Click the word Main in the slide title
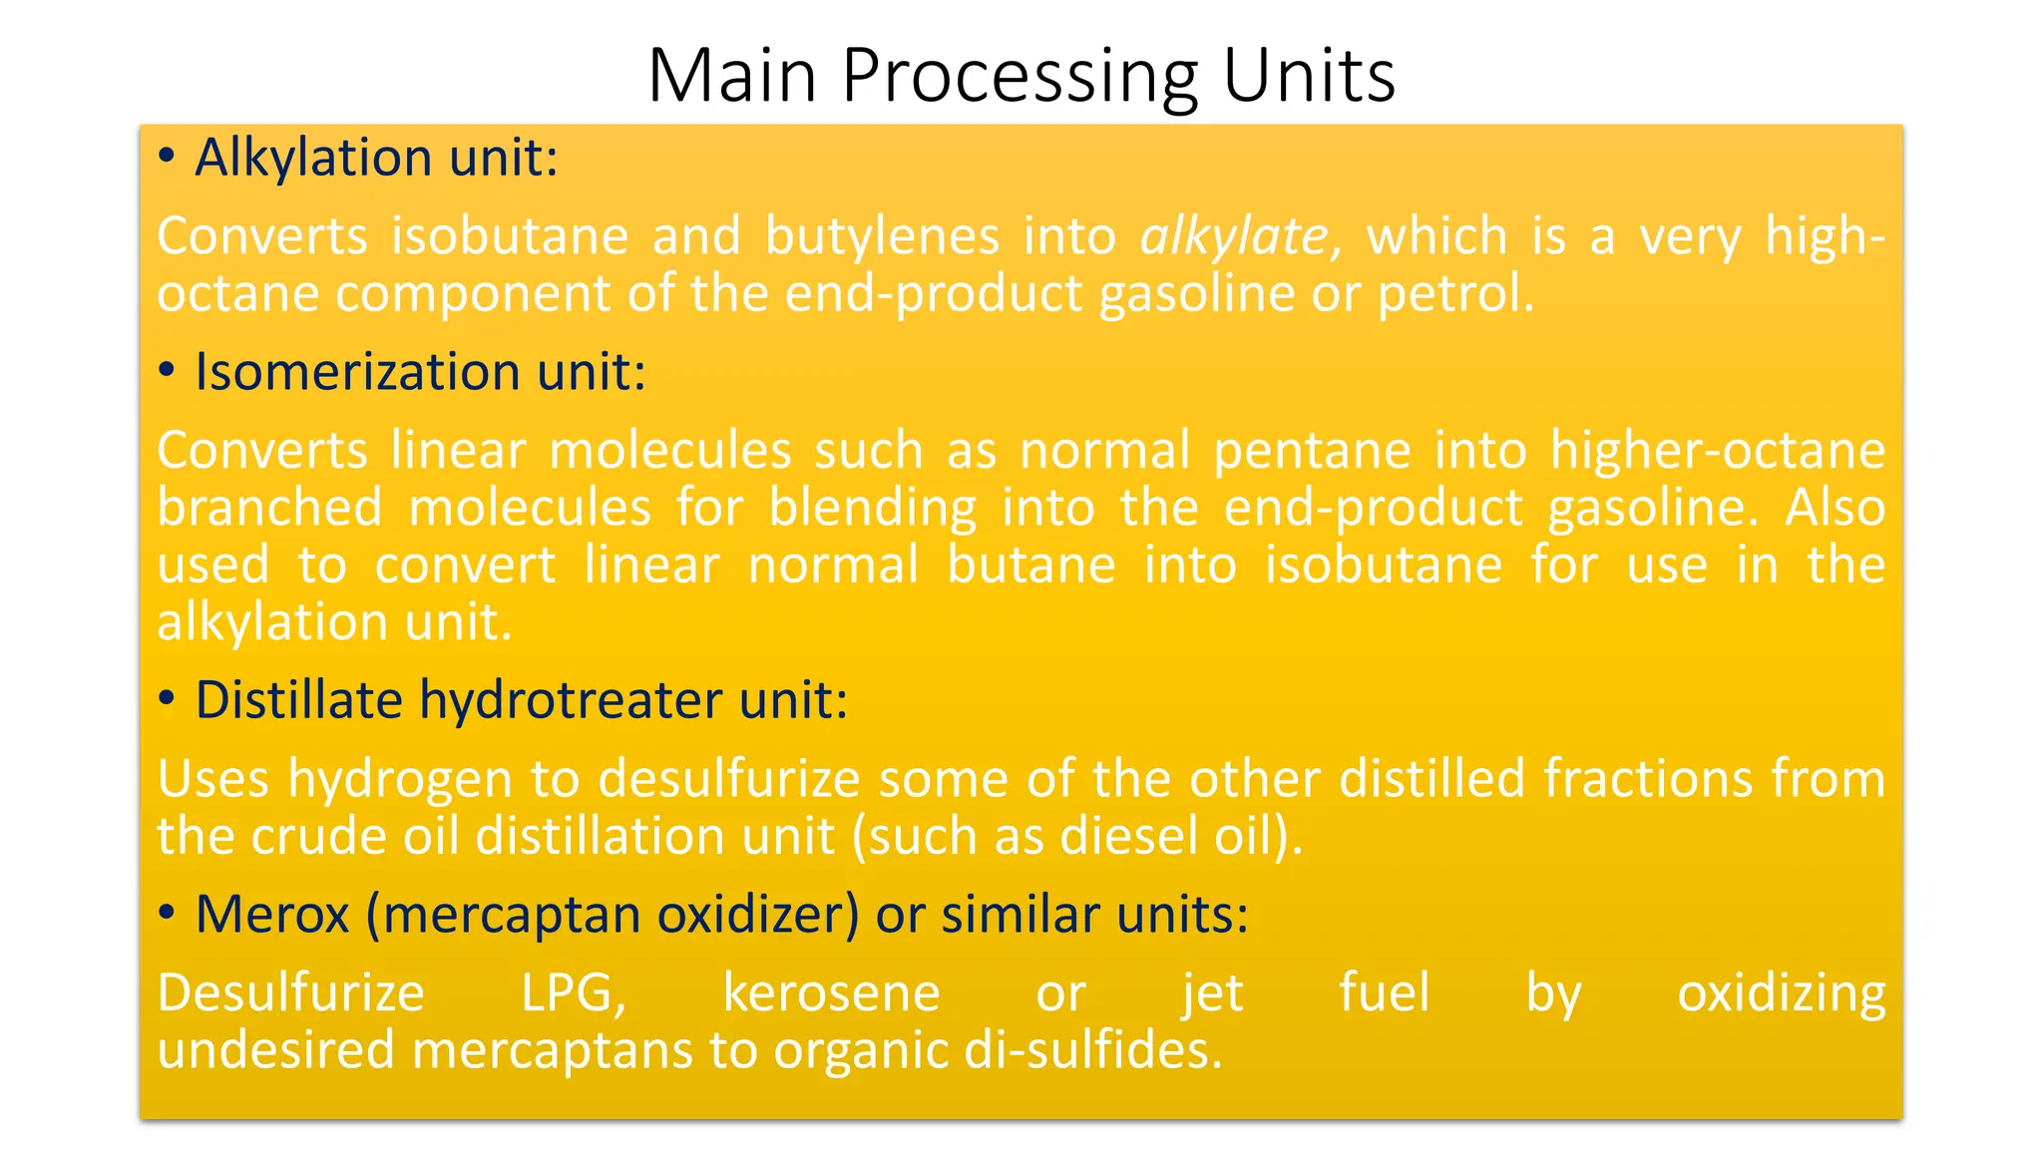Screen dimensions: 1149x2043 point(732,76)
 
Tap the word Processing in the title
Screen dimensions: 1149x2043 point(1020,78)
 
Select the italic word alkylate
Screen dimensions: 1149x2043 point(1233,237)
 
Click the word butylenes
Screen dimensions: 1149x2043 point(882,237)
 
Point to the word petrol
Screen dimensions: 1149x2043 point(1454,294)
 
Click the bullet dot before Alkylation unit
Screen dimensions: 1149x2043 point(167,157)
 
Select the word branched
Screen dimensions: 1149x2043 point(269,508)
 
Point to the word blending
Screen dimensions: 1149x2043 point(872,509)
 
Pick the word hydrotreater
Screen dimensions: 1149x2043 point(570,699)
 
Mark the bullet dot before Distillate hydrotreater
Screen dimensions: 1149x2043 point(167,698)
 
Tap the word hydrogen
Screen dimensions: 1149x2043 point(400,780)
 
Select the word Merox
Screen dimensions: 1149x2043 point(272,915)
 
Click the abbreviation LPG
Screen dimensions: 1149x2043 point(574,993)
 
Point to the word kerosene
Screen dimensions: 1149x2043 point(831,993)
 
